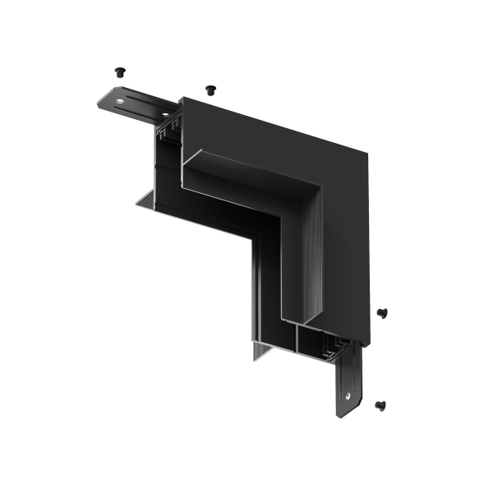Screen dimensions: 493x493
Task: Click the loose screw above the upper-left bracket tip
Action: click(120, 71)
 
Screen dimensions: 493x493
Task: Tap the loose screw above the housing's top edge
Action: click(210, 88)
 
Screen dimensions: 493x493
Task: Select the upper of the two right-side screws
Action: click(382, 312)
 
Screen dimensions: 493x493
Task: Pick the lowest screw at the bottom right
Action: click(380, 404)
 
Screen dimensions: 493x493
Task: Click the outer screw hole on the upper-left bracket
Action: click(122, 101)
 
